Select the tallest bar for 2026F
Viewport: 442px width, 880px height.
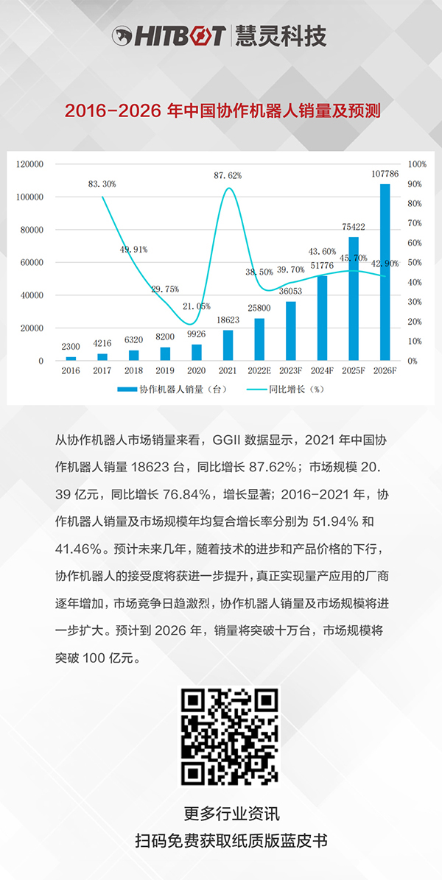(x=385, y=272)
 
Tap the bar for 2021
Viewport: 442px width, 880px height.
(x=228, y=345)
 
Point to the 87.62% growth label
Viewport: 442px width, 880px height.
(x=228, y=175)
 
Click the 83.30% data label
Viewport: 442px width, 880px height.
(x=102, y=183)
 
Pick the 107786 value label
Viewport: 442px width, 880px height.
(x=385, y=175)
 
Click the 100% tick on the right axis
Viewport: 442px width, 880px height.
(x=416, y=164)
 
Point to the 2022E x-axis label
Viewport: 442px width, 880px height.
(x=259, y=372)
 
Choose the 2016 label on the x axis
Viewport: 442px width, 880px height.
(x=71, y=372)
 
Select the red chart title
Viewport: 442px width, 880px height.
(x=222, y=111)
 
